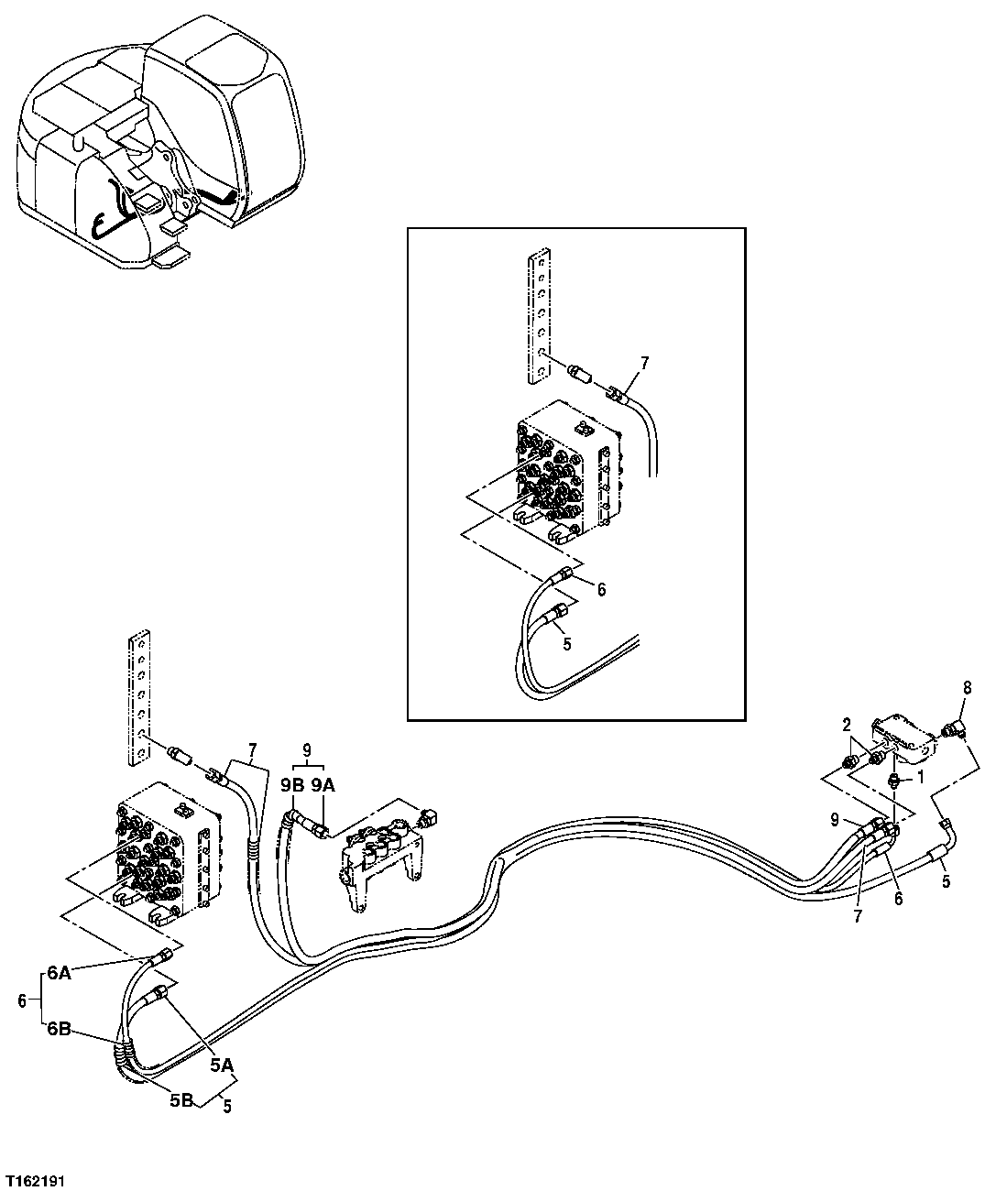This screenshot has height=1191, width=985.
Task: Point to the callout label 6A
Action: pyautogui.click(x=59, y=975)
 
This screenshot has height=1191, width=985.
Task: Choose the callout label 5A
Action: pyautogui.click(x=221, y=1065)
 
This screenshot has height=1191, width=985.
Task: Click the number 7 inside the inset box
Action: pyautogui.click(x=643, y=364)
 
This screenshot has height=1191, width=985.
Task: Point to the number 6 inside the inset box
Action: pyautogui.click(x=601, y=590)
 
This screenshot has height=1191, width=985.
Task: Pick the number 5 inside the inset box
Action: pyautogui.click(x=567, y=644)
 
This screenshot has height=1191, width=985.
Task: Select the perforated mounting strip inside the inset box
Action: pyautogui.click(x=540, y=316)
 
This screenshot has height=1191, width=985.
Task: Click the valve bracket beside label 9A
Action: pyautogui.click(x=379, y=852)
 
